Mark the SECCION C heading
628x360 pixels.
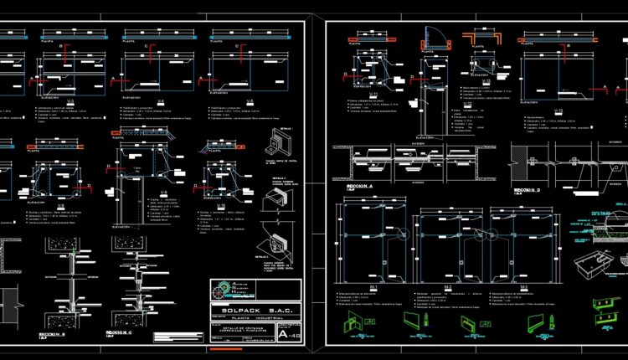pos(120,332)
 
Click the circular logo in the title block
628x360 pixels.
pos(220,291)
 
